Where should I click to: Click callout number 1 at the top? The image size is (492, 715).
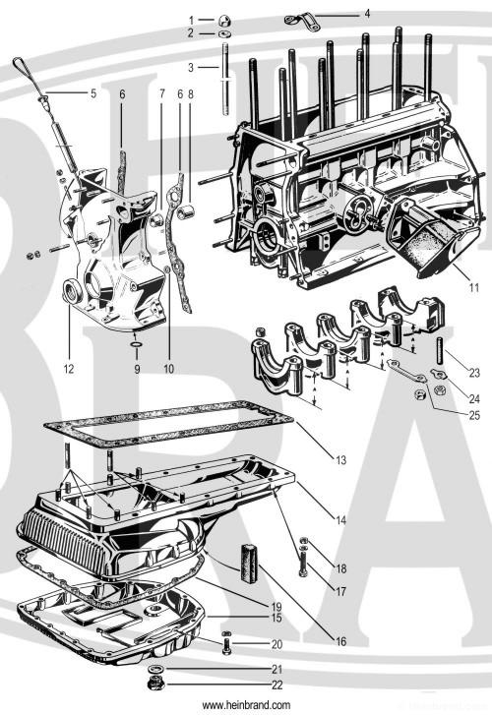tap(192, 20)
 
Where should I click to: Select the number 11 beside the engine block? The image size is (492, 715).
tap(473, 287)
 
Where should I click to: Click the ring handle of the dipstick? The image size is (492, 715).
tap(20, 65)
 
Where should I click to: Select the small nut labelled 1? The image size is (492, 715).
tap(224, 19)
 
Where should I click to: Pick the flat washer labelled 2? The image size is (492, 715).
tap(224, 34)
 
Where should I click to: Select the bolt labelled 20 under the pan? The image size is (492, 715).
tap(226, 645)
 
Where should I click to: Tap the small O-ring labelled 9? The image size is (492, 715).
tap(136, 346)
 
